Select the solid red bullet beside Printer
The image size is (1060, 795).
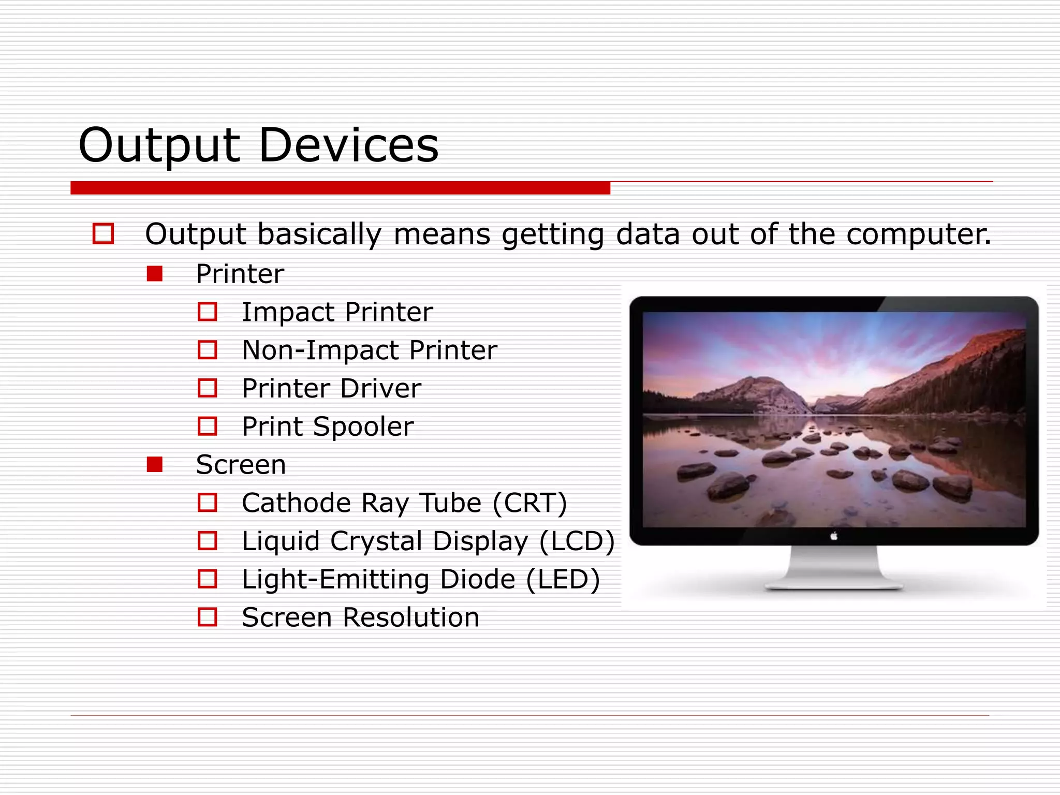click(x=155, y=274)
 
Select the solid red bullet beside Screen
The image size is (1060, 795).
click(x=155, y=464)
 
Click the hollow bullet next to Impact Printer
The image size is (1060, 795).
click(x=208, y=312)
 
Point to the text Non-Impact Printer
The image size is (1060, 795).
click(x=370, y=350)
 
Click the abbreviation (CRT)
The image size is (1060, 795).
click(x=529, y=503)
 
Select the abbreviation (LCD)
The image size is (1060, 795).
click(x=577, y=541)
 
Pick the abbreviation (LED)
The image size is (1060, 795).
click(x=563, y=579)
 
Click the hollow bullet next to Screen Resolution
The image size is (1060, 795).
click(x=208, y=617)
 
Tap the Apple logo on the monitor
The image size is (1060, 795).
click(x=834, y=536)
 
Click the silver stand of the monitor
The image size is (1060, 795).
click(x=834, y=569)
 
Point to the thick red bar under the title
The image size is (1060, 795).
click(x=340, y=188)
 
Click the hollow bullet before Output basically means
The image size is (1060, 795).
click(x=103, y=233)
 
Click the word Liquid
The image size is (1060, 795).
click(x=281, y=541)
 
